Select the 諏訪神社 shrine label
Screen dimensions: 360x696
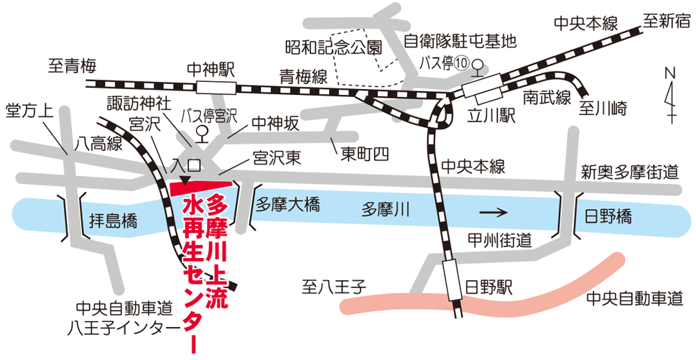click(x=139, y=101)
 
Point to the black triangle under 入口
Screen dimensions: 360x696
click(x=185, y=180)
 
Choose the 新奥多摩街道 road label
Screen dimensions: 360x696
click(x=630, y=172)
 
